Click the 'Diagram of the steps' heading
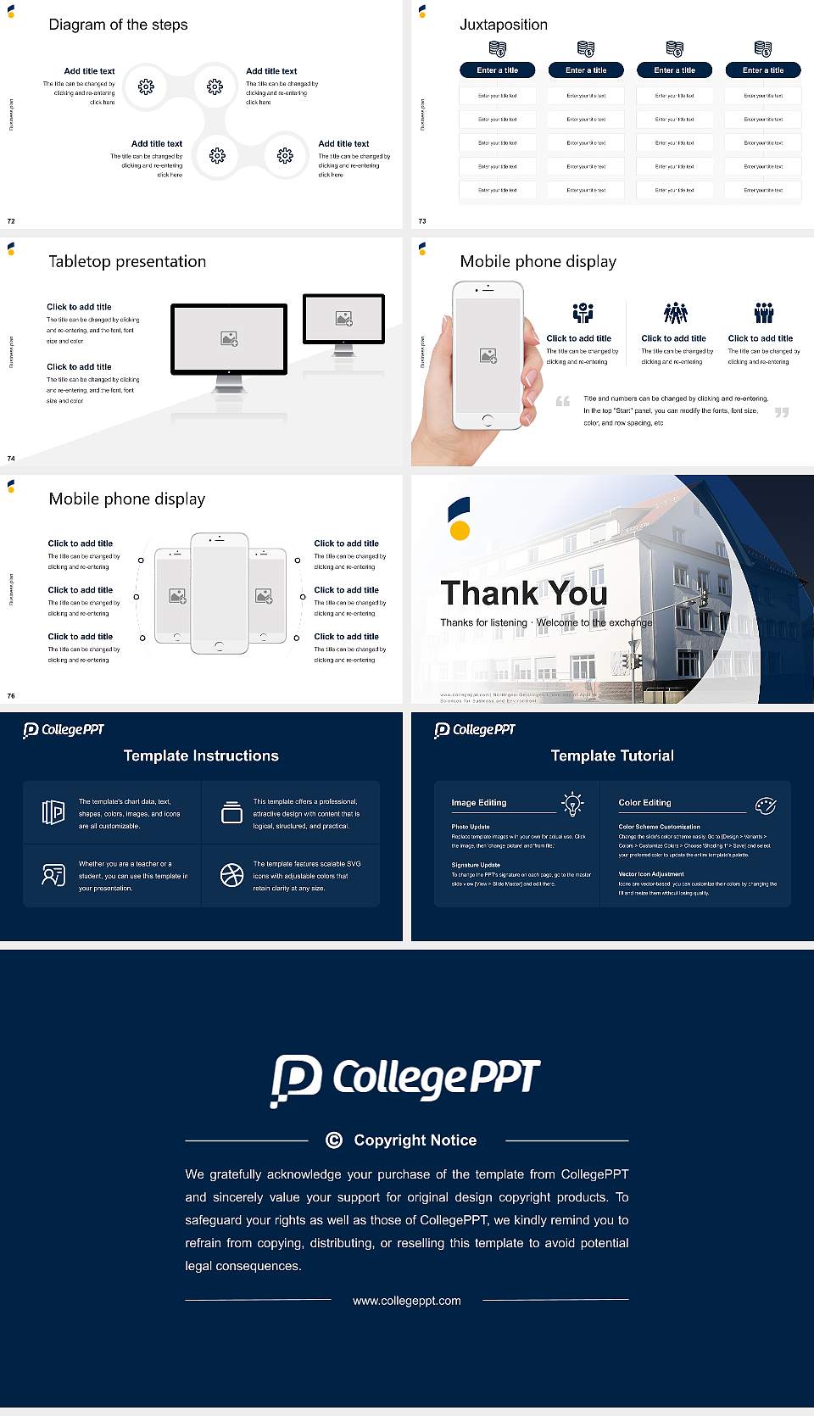pos(118,25)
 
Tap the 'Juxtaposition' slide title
pos(503,25)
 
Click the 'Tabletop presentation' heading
pos(127,262)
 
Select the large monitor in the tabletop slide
pos(229,339)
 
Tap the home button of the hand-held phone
pos(488,420)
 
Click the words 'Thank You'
pos(524,593)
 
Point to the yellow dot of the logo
pos(460,531)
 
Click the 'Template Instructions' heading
pos(201,755)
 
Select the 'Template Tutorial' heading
pos(612,755)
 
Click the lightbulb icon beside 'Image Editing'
pos(572,804)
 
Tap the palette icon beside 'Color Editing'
pos(766,805)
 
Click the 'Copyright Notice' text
pos(415,1140)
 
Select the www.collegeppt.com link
pos(407,1301)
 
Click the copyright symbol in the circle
pos(334,1140)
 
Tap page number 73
pos(422,221)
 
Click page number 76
pos(11,696)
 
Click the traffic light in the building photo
pos(702,597)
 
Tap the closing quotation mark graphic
pos(782,412)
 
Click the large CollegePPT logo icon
pos(296,1079)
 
